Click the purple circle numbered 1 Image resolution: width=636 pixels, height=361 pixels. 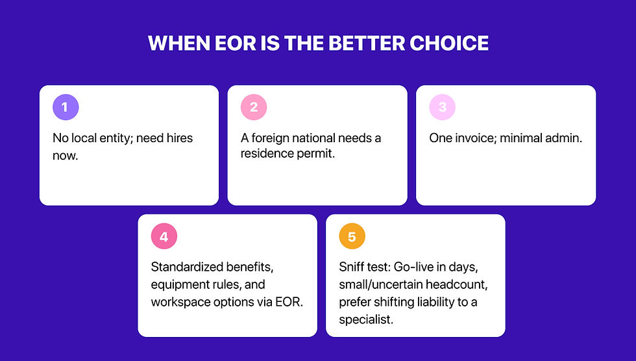pyautogui.click(x=66, y=108)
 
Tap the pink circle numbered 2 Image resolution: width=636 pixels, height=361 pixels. pyautogui.click(x=254, y=108)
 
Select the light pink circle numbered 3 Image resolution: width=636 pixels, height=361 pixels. pyautogui.click(x=443, y=108)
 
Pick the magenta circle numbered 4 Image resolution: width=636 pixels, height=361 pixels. pyautogui.click(x=164, y=237)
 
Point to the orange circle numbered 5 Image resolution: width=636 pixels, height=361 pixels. pyautogui.click(x=352, y=237)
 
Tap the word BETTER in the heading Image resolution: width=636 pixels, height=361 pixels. pyautogui.click(x=365, y=44)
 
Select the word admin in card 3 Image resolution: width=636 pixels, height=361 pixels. pyautogui.click(x=562, y=138)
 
